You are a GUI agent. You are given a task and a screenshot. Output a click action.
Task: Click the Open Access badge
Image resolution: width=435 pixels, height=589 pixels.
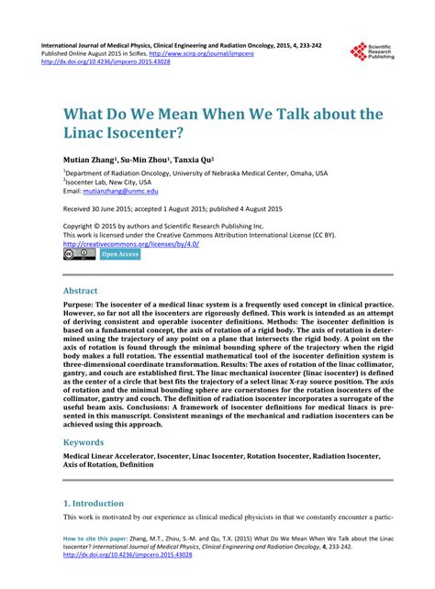pyautogui.click(x=119, y=255)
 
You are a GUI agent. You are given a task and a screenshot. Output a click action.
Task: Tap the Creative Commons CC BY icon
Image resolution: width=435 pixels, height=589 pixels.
pyautogui.click(x=78, y=255)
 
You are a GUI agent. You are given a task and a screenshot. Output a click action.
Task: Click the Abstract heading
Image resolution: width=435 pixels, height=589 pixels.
pyautogui.click(x=84, y=289)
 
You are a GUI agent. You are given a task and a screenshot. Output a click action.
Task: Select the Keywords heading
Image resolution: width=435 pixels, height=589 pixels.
pyautogui.click(x=87, y=442)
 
